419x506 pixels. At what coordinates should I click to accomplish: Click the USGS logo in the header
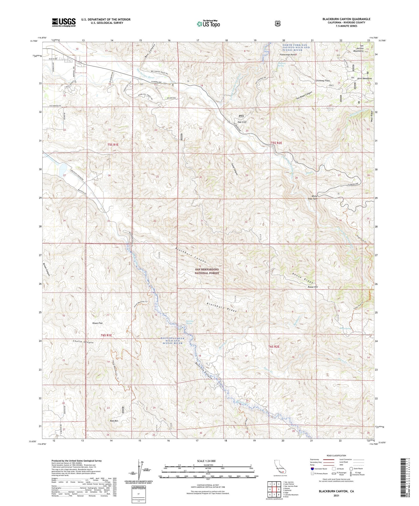click(64, 22)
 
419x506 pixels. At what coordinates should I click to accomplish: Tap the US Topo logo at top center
click(208, 24)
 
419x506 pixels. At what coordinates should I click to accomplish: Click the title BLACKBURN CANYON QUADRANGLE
click(346, 19)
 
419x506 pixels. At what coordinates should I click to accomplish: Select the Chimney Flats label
click(323, 81)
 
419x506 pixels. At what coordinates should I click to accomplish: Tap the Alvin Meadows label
click(364, 79)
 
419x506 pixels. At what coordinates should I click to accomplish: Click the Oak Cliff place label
click(242, 122)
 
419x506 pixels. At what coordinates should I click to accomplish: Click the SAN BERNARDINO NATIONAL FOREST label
click(207, 271)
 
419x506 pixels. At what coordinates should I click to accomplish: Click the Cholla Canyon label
click(83, 342)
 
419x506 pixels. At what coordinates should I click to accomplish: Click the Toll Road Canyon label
click(304, 96)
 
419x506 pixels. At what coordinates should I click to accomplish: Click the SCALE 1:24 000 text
click(206, 461)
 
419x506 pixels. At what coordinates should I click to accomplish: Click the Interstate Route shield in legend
click(312, 469)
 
